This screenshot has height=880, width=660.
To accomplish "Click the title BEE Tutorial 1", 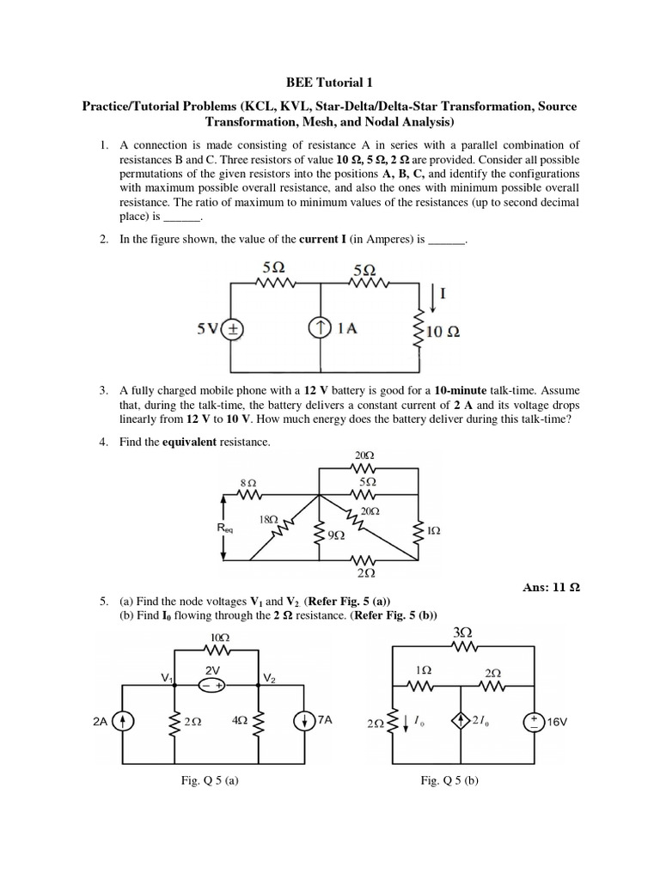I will [329, 83].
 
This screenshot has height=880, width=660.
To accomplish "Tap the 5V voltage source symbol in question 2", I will [233, 329].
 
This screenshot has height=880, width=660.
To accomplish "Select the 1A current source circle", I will [320, 329].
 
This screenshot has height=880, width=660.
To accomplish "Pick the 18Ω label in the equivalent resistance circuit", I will [268, 519].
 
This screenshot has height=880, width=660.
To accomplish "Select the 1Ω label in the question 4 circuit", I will [433, 531].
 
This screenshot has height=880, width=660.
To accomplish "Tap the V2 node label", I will [269, 679].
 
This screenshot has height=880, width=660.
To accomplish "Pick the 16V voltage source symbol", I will [533, 723].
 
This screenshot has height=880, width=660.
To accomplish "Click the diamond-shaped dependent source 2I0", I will [462, 723].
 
